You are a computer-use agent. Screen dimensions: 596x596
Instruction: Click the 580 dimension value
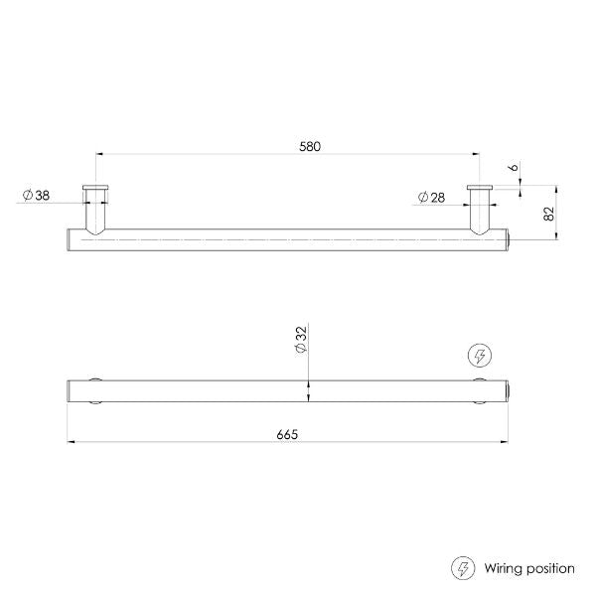pyautogui.click(x=310, y=146)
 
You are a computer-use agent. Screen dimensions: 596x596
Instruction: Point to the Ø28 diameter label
pyautogui.click(x=430, y=197)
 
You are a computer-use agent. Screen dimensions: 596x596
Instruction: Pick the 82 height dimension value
pyautogui.click(x=548, y=212)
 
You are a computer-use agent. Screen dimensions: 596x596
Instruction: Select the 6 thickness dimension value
pyautogui.click(x=514, y=169)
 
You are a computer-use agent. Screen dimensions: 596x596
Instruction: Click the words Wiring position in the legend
pyautogui.click(x=529, y=569)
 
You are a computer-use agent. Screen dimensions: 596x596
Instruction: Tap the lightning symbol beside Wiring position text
pyautogui.click(x=463, y=569)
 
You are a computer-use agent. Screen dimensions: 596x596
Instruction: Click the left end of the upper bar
pyautogui.click(x=71, y=239)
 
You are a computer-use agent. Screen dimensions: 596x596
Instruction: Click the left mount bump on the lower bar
pyautogui.click(x=96, y=390)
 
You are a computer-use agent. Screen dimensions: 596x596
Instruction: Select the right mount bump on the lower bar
pyautogui.click(x=480, y=390)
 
